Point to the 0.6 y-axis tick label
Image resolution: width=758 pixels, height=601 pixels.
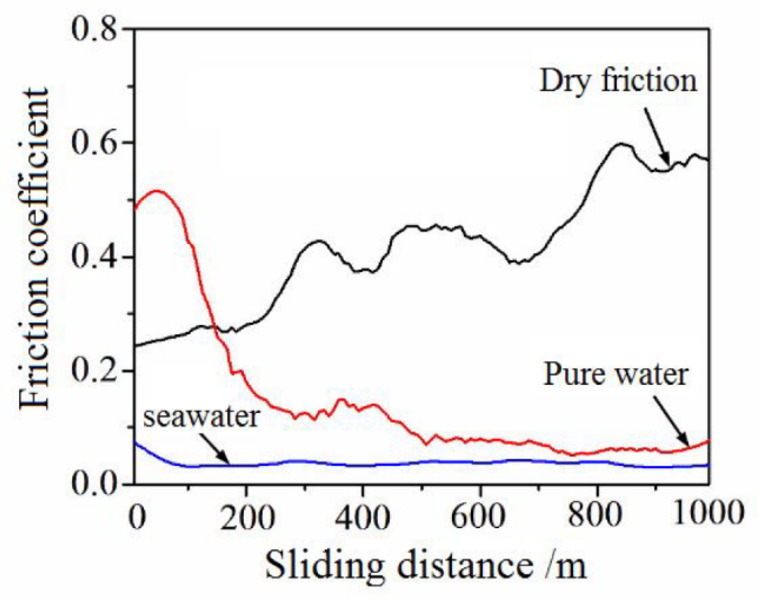(x=94, y=143)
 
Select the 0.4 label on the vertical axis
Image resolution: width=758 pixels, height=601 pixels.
(x=94, y=257)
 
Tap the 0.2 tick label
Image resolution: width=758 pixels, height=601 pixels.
(x=94, y=371)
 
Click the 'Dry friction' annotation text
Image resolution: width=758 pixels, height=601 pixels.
(x=618, y=81)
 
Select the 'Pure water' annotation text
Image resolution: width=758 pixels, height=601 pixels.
(x=615, y=374)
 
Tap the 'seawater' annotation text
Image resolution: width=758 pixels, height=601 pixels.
(x=202, y=417)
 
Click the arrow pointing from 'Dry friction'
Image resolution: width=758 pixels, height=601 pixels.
(x=657, y=137)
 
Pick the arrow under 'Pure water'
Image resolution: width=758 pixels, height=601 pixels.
(x=672, y=422)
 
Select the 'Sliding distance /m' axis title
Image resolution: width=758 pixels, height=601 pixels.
(x=425, y=565)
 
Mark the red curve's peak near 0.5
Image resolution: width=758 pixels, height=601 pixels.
(x=156, y=190)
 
